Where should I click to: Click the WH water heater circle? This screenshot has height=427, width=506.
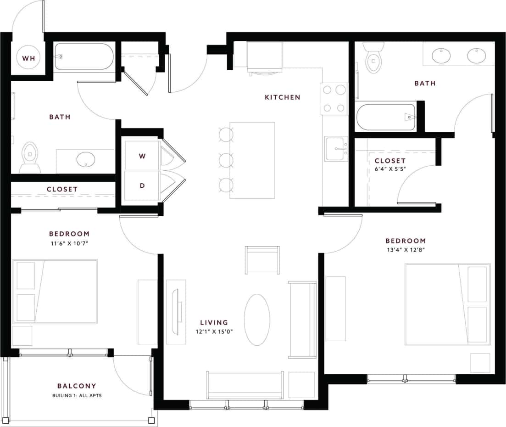tap(28, 58)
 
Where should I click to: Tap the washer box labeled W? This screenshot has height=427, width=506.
tap(142, 156)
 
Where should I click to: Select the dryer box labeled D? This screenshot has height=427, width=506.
tap(142, 185)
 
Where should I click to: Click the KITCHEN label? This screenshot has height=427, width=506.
tap(283, 97)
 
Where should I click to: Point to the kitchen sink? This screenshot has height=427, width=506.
tap(336, 149)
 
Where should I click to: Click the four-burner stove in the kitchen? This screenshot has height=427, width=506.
tap(334, 99)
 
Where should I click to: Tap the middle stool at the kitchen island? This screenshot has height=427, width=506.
tap(226, 160)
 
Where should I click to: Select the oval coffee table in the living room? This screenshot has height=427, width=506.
tap(257, 320)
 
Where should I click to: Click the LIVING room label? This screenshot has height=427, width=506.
tap(214, 323)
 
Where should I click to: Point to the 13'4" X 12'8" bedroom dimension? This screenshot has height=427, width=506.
tap(406, 250)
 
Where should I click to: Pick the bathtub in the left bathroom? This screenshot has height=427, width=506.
tap(84, 56)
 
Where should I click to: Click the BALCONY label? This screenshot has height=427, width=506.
tap(77, 386)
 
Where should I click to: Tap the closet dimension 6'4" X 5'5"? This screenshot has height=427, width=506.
tap(390, 169)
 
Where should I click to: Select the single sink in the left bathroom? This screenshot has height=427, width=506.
tap(86, 160)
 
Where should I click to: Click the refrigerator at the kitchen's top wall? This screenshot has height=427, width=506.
tap(264, 56)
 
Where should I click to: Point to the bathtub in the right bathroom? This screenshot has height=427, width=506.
tap(386, 117)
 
